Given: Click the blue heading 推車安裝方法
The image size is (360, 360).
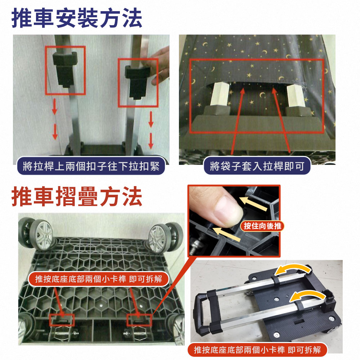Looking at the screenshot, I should tap(77, 18).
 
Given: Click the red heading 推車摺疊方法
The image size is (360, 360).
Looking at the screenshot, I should tap(77, 197).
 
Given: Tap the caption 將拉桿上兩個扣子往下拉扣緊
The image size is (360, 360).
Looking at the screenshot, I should tap(91, 166).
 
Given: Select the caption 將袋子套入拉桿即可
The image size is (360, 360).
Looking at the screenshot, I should tap(257, 166).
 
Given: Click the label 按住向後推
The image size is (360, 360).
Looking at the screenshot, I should tap(262, 226).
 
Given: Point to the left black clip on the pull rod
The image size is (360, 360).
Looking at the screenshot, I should tap(65, 68).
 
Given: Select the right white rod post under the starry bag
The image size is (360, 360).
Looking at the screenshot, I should tap(295, 95).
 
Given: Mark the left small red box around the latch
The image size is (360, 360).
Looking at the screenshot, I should tap(62, 320).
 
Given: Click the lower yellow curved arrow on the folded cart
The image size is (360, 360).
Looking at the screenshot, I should tap(306, 296).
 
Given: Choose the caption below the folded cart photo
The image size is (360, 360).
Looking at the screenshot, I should tap(257, 350).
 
